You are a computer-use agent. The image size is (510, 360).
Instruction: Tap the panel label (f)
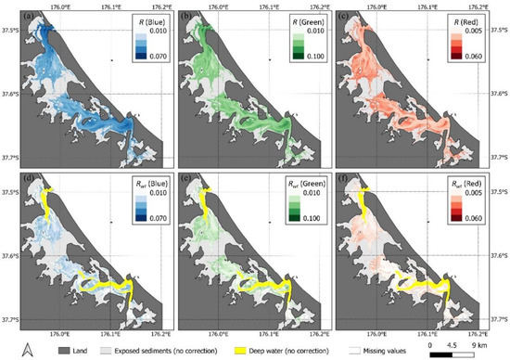pos(352,179)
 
